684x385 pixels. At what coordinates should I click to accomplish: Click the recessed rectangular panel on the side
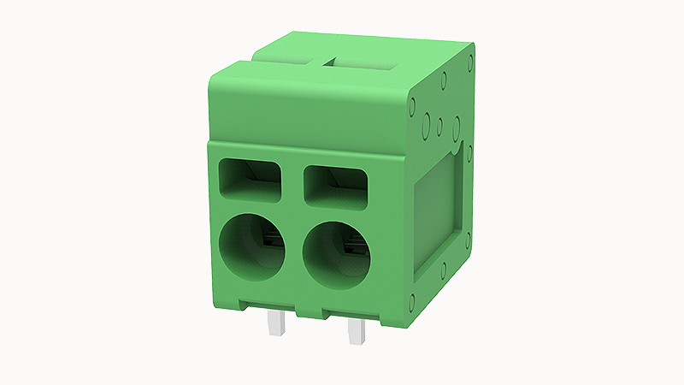(438, 214)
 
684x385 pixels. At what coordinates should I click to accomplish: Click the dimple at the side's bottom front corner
(413, 300)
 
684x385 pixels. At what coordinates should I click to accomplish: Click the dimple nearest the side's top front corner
(412, 109)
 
